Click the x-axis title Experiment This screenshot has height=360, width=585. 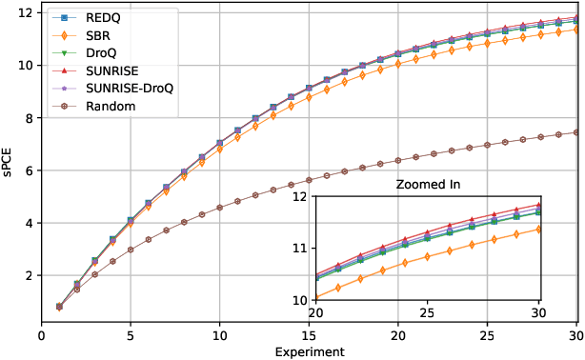309,351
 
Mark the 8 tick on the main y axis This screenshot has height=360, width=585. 29,118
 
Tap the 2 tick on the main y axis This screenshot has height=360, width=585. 29,275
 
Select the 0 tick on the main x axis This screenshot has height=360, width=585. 41,335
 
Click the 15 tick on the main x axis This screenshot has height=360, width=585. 309,335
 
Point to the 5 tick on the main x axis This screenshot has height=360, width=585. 131,335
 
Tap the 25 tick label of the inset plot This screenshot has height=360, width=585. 428,313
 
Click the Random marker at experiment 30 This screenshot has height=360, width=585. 575,132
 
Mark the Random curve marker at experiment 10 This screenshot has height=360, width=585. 219,207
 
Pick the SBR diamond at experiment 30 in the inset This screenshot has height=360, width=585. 539,229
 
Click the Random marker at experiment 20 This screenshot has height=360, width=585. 397,161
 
